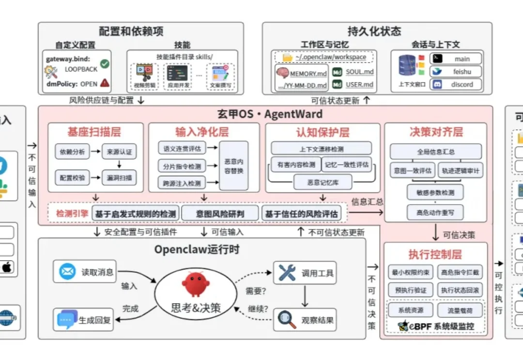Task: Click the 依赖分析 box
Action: tap(72, 152)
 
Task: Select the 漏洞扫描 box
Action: tap(119, 178)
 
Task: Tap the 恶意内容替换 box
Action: tap(234, 165)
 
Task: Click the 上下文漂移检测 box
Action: tap(321, 148)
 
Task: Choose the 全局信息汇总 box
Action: tap(436, 151)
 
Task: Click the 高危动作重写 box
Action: tap(435, 212)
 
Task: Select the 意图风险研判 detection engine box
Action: tap(220, 213)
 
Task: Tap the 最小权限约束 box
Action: tap(410, 273)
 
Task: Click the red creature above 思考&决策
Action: tap(195, 284)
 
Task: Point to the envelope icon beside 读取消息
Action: tap(67, 271)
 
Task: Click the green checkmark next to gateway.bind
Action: tap(105, 64)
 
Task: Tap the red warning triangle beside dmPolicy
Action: tap(105, 83)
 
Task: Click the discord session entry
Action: tap(456, 84)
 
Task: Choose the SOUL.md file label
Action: tap(359, 72)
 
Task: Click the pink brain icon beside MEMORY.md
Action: tap(282, 73)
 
